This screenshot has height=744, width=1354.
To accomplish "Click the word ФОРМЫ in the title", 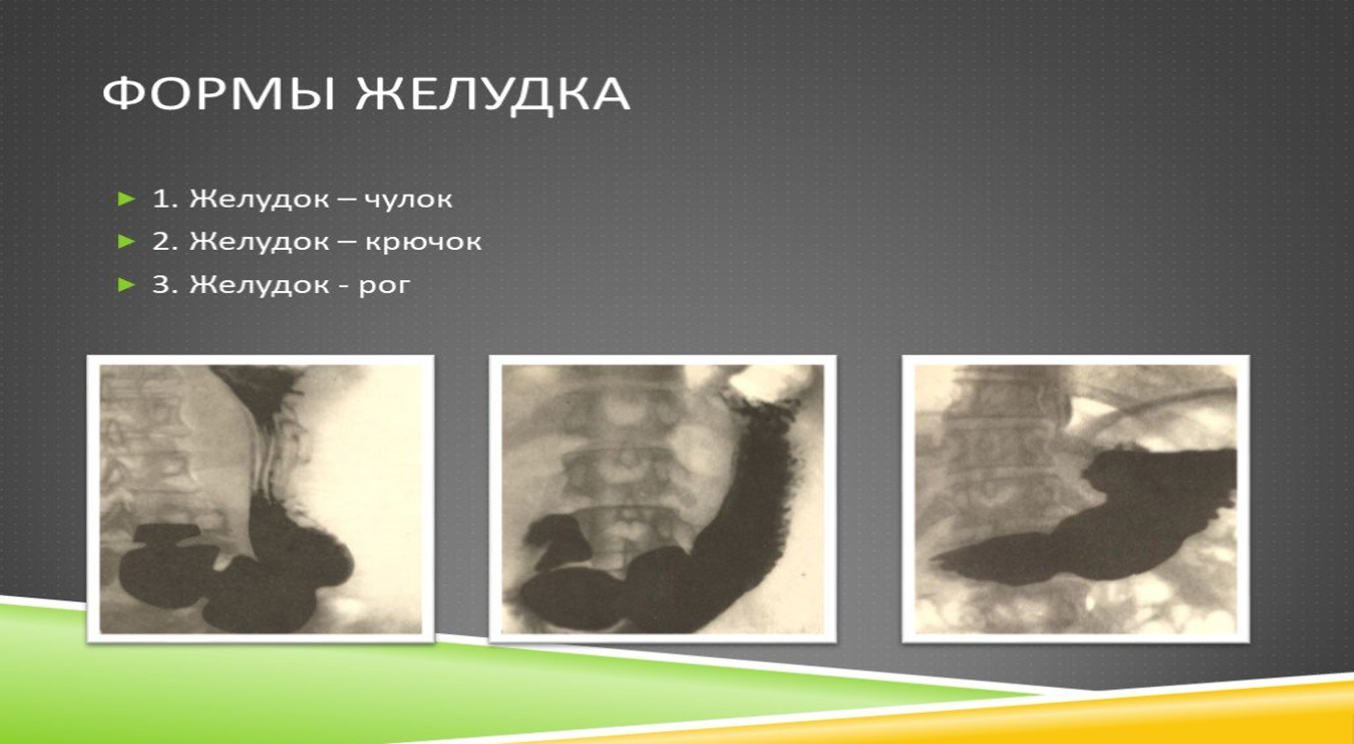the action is click(x=219, y=93).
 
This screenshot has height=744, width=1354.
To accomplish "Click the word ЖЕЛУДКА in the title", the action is click(x=493, y=95).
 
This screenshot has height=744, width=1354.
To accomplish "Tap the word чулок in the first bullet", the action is click(x=408, y=199).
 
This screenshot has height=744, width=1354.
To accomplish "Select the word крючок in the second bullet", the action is click(x=423, y=242).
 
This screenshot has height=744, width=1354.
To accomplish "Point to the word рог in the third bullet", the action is click(x=384, y=286).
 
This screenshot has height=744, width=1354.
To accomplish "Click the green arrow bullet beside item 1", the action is click(x=126, y=199).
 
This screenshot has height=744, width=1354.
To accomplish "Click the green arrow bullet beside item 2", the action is click(x=126, y=242).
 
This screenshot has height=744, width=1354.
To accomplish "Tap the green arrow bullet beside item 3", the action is click(x=126, y=285).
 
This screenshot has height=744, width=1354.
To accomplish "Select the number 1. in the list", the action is click(x=165, y=199).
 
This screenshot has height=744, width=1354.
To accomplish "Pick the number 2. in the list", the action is click(x=165, y=242).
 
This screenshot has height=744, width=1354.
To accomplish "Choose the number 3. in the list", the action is click(x=165, y=285).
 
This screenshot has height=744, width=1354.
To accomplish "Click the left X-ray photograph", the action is click(x=261, y=499).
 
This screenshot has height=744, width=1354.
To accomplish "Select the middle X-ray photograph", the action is click(x=662, y=499).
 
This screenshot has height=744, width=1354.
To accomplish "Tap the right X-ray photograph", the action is click(x=1075, y=499).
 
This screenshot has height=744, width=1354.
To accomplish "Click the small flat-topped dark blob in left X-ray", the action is click(x=167, y=533).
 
